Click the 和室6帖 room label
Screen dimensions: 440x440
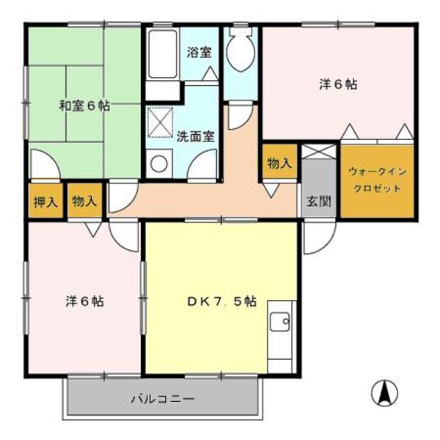(x=84, y=106)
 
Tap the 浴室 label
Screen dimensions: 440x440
(x=199, y=52)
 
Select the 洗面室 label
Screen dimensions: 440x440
(x=195, y=136)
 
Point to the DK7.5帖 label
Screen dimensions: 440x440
(x=221, y=301)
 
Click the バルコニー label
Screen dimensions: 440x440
(x=163, y=400)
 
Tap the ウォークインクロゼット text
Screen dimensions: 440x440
(x=375, y=180)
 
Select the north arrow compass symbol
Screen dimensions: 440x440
(x=382, y=393)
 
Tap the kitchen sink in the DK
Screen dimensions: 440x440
(x=280, y=323)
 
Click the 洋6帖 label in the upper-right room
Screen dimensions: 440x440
(x=338, y=84)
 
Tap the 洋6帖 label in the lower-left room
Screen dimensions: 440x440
(x=84, y=301)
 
